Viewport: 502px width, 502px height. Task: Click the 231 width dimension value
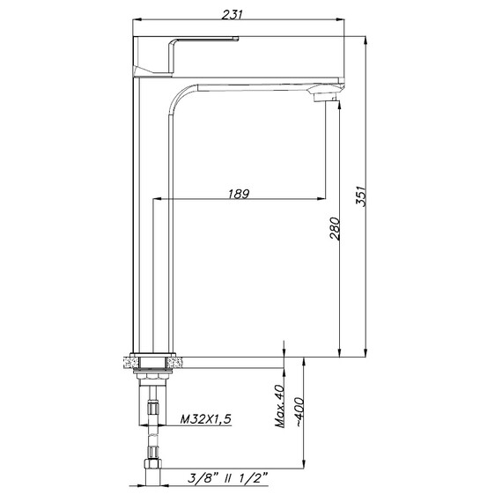(x=233, y=14)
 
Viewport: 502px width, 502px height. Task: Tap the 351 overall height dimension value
(x=360, y=196)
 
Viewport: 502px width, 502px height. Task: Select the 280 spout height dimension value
(x=335, y=229)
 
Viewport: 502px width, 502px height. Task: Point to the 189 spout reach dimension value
(x=239, y=194)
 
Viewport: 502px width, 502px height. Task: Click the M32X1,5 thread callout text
(x=205, y=419)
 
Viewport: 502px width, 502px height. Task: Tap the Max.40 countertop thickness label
(x=280, y=406)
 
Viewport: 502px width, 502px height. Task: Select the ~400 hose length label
(x=299, y=412)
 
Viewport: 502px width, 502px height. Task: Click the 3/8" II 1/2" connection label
(x=227, y=478)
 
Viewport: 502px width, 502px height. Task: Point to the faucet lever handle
(x=186, y=56)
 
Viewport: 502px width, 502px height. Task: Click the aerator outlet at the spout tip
(x=324, y=97)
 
